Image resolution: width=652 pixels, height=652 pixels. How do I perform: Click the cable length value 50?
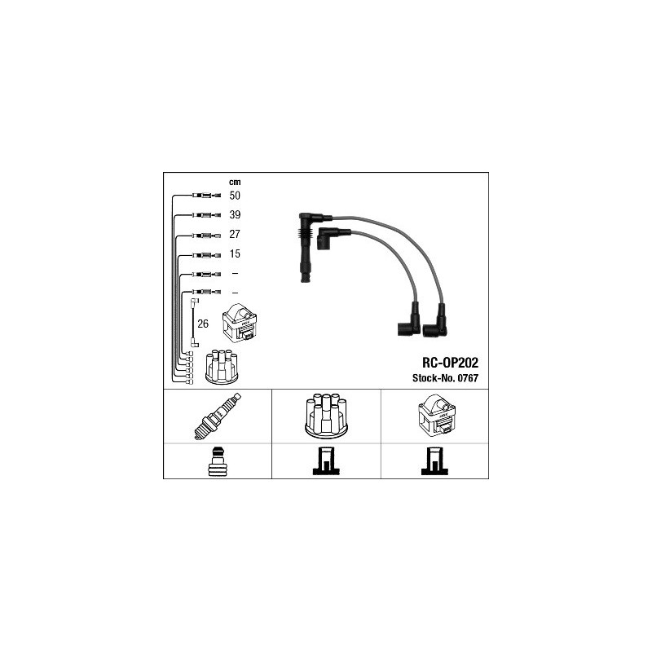click(x=235, y=196)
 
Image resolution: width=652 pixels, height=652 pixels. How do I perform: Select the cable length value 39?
click(x=235, y=214)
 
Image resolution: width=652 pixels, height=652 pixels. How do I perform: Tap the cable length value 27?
click(x=235, y=234)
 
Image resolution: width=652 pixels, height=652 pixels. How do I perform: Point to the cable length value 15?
click(x=235, y=253)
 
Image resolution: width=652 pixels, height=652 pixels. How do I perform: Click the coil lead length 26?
click(x=203, y=324)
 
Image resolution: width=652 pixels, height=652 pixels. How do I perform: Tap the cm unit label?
click(x=235, y=182)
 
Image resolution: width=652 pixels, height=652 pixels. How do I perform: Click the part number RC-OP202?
click(x=451, y=363)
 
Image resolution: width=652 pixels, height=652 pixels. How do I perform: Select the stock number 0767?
click(x=468, y=378)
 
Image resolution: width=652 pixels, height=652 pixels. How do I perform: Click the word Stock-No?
click(x=434, y=378)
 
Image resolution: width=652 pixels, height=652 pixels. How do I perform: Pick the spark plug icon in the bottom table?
click(x=218, y=416)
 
